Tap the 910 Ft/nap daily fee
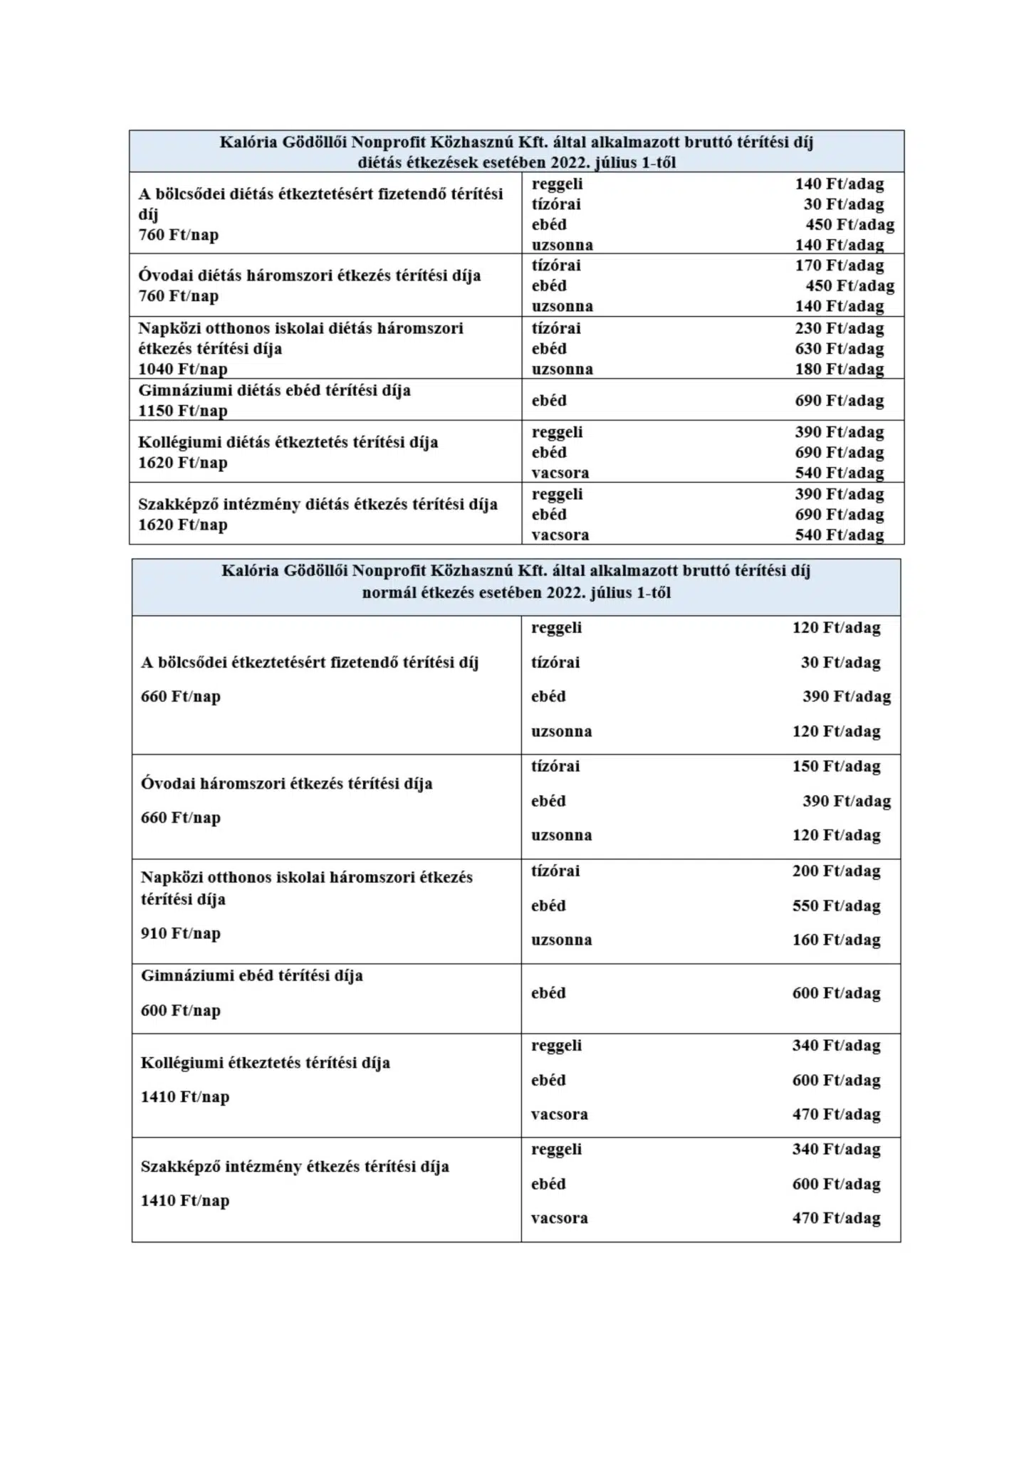point(180,933)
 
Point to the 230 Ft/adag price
point(839,328)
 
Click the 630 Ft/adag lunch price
point(839,349)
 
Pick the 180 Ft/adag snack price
point(839,369)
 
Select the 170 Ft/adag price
point(839,266)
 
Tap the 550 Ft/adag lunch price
point(836,906)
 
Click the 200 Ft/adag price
point(836,871)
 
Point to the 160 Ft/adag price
point(836,940)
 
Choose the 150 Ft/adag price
point(836,766)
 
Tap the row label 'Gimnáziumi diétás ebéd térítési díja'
point(274,390)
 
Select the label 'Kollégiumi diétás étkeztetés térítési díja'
point(288,442)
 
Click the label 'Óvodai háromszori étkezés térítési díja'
point(286,784)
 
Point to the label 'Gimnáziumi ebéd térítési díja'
point(251,975)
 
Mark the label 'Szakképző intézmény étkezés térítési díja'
point(295,1167)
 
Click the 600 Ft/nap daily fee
point(180,1010)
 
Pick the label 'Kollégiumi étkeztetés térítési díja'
point(265,1063)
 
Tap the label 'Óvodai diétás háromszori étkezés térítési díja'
point(309,276)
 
